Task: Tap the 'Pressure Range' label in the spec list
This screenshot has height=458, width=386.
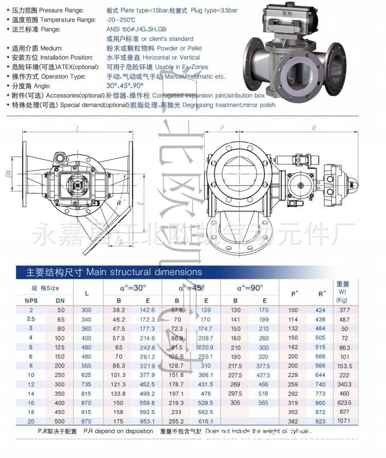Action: (60, 10)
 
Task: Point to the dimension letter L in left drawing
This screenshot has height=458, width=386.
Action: (77, 128)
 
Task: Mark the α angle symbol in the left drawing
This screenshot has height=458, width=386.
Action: (119, 203)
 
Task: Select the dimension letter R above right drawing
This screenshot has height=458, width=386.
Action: (313, 128)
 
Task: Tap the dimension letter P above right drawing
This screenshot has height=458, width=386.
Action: (222, 128)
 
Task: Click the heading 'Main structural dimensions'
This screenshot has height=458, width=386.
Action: (144, 272)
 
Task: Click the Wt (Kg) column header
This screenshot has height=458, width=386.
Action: (343, 292)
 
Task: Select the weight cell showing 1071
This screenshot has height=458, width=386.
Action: (343, 421)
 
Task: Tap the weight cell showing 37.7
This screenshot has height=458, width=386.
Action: (343, 310)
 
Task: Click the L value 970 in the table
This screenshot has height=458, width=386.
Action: (86, 421)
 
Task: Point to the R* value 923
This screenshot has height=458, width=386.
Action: (321, 421)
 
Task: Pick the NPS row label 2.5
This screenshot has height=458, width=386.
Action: (31, 320)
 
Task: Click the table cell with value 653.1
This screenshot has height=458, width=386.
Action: (147, 421)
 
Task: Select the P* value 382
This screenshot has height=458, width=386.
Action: (293, 421)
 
